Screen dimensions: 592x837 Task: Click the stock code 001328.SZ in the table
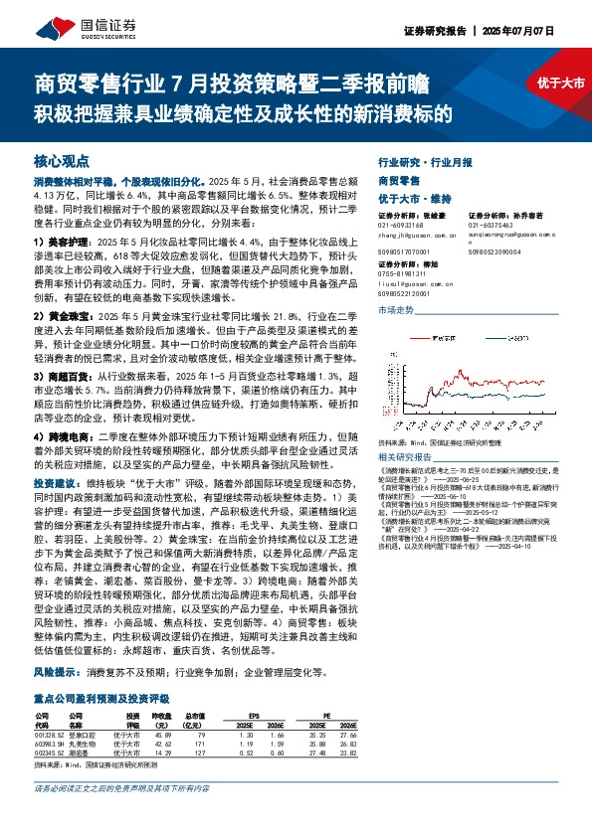(x=51, y=734)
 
